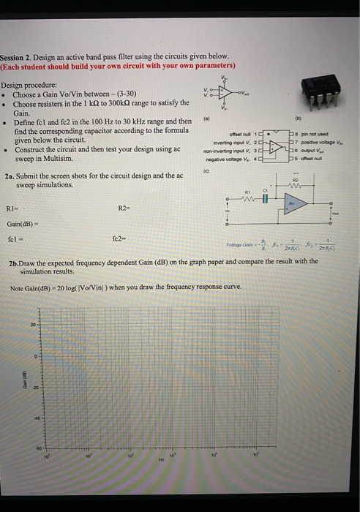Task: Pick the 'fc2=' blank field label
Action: [x=120, y=238]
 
